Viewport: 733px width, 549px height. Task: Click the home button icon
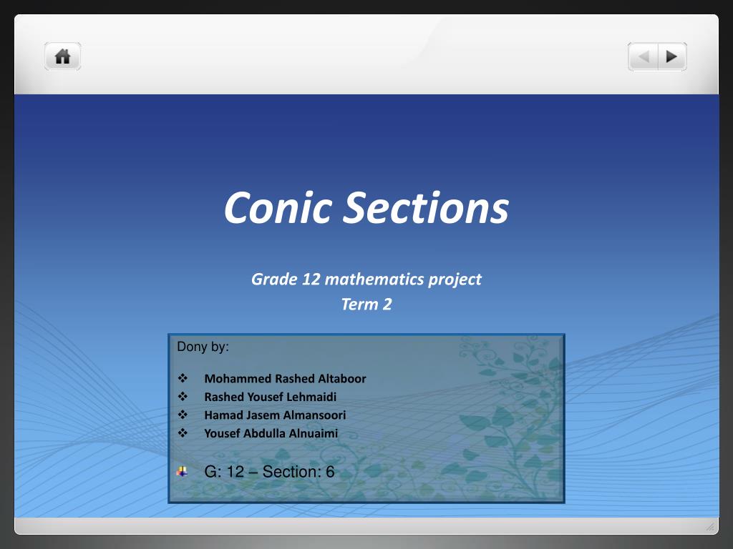point(63,56)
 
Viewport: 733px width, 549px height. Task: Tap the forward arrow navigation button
point(671,56)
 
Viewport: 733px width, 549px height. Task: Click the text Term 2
point(366,305)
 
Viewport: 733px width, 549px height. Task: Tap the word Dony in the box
point(192,347)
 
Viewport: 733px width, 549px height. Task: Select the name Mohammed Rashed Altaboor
point(285,379)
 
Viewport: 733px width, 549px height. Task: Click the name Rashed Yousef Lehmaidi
point(270,397)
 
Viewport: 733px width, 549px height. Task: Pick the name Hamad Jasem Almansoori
point(275,415)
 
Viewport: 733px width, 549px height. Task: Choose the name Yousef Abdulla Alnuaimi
point(271,433)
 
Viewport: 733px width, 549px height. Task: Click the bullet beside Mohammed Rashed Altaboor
point(182,378)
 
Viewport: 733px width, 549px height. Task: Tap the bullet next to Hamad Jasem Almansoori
point(182,415)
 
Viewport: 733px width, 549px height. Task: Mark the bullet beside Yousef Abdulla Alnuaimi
point(182,432)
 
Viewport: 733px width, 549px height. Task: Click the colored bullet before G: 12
point(182,471)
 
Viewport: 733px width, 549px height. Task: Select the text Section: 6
point(298,472)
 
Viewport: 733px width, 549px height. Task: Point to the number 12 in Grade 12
point(311,279)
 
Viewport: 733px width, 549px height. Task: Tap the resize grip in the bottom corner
point(710,527)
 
